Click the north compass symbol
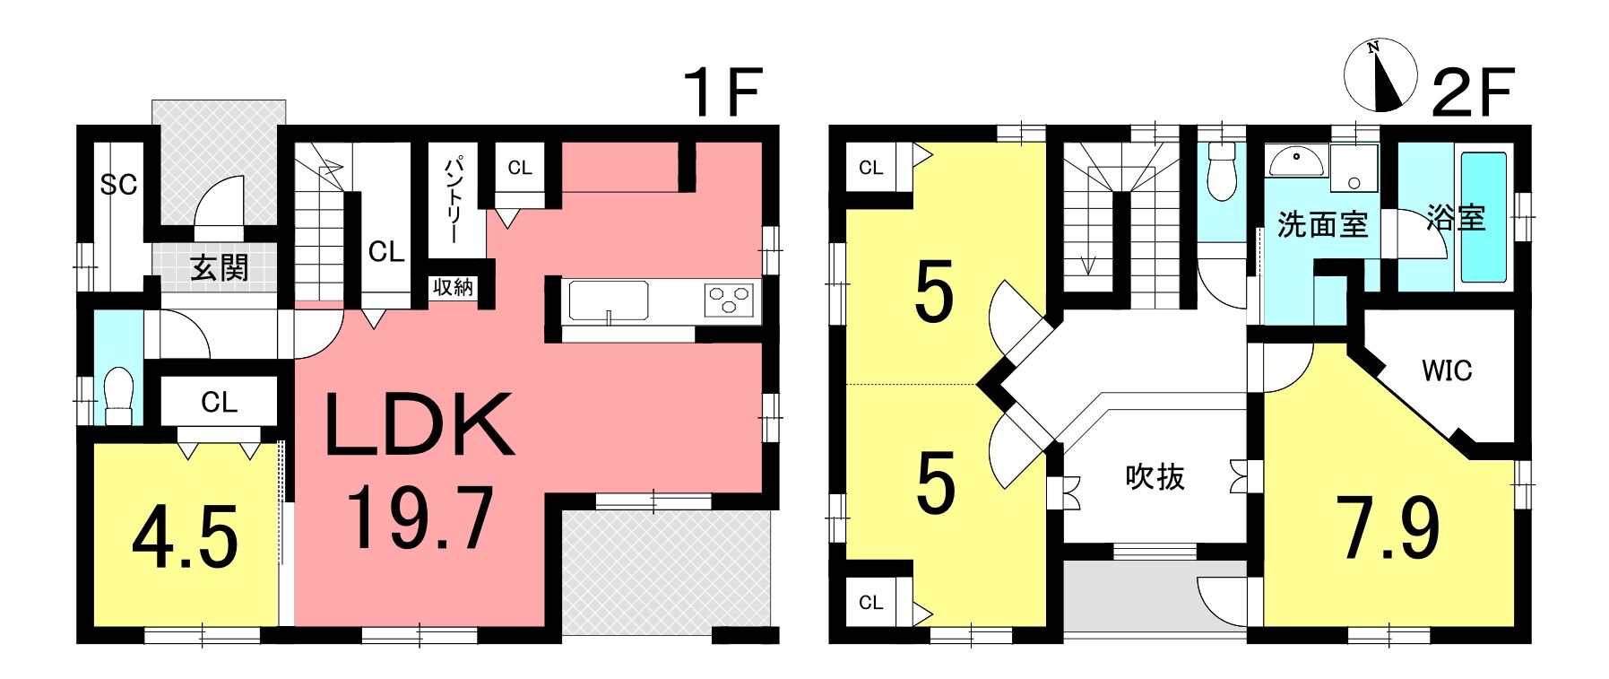[1380, 75]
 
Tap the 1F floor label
[722, 91]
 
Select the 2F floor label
[1473, 91]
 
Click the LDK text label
[420, 424]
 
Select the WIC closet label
[1447, 370]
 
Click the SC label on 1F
[118, 185]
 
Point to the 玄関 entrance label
[219, 267]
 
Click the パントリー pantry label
[454, 199]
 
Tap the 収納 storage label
[453, 287]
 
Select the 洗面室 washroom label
[1322, 224]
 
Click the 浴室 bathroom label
[1456, 217]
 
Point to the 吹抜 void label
[1155, 476]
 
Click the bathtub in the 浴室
[1484, 217]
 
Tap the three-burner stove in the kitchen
[730, 299]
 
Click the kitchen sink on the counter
[609, 300]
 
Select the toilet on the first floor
[119, 394]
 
